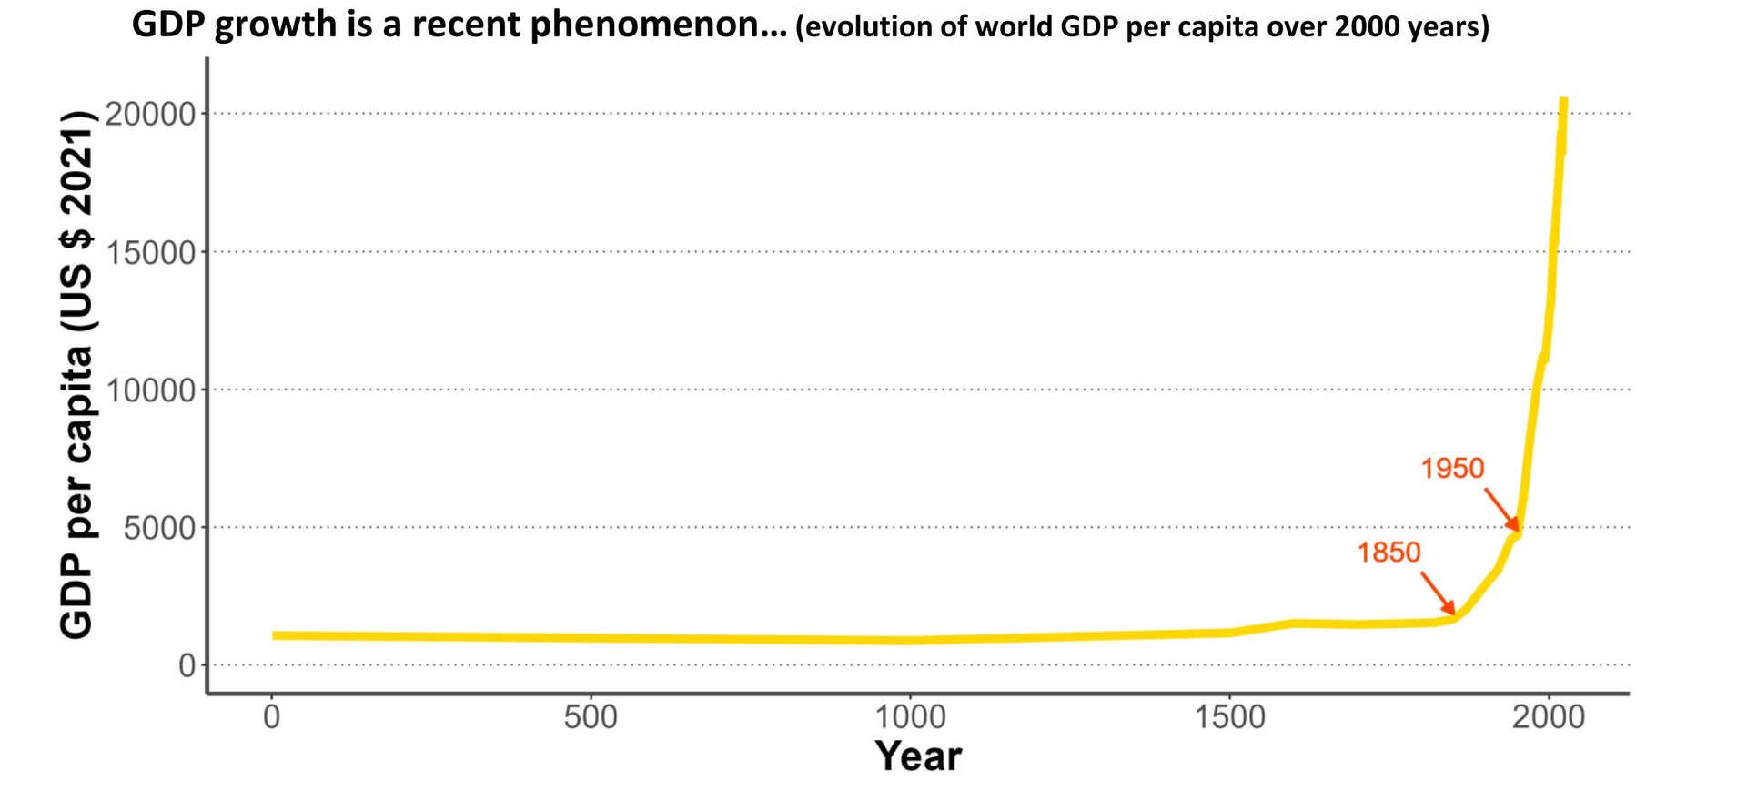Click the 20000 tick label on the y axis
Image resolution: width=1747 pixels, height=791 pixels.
[x=151, y=115]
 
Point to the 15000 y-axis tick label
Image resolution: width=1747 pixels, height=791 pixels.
[x=151, y=253]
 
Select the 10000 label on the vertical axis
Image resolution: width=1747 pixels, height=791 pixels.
[x=151, y=391]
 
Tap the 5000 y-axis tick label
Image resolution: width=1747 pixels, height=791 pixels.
[x=160, y=529]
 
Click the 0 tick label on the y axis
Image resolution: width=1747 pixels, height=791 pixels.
[x=187, y=666]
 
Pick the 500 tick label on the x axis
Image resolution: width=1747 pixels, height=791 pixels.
[x=591, y=717]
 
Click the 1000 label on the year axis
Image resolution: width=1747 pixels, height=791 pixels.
[x=910, y=717]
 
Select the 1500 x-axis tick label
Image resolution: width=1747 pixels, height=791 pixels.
[x=1229, y=717]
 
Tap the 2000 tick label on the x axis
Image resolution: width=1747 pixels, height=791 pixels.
[x=1549, y=717]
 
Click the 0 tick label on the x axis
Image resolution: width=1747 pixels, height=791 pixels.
[x=271, y=717]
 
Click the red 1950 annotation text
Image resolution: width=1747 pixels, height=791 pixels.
[x=1452, y=469]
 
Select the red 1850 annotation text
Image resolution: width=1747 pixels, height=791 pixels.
[x=1389, y=553]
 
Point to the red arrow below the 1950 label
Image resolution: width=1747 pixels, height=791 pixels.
[x=1502, y=510]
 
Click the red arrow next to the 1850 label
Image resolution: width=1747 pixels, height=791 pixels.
[x=1439, y=593]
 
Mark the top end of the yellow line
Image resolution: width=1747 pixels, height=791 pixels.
[x=1563, y=100]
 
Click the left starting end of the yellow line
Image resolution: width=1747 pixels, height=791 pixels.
[x=275, y=635]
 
